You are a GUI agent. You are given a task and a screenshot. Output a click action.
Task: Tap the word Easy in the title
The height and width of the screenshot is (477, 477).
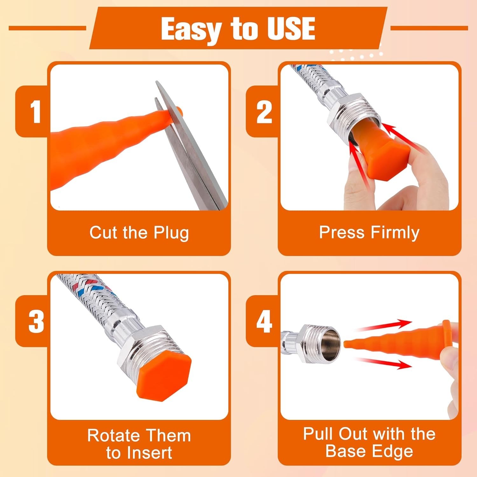[x=190, y=29]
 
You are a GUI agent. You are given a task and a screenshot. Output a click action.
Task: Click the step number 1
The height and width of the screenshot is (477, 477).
[x=35, y=112]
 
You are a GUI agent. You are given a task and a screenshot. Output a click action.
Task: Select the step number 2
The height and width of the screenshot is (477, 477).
[x=264, y=112]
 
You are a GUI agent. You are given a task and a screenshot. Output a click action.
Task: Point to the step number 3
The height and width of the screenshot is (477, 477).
[x=36, y=321]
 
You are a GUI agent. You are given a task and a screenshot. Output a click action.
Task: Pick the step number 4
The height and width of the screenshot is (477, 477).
[x=264, y=321]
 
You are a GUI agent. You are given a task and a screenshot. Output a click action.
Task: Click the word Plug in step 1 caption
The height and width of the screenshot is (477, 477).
[x=171, y=233]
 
